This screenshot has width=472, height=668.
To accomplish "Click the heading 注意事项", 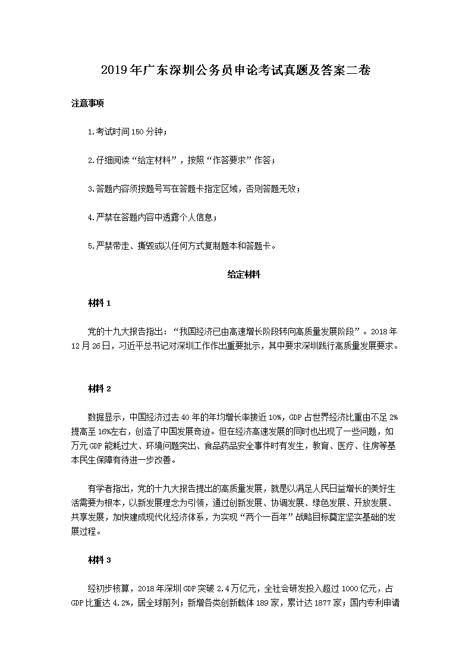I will pyautogui.click(x=87, y=103).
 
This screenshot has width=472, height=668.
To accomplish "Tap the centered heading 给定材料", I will pyautogui.click(x=244, y=275).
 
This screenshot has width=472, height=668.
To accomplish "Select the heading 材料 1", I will pyautogui.click(x=99, y=303).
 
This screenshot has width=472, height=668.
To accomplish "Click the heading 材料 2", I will pyautogui.click(x=99, y=389).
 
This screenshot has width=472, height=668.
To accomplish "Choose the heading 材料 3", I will pyautogui.click(x=99, y=560).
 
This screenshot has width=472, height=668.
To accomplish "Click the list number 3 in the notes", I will pyautogui.click(x=89, y=189).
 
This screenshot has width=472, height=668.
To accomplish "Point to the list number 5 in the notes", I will pyautogui.click(x=89, y=246).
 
